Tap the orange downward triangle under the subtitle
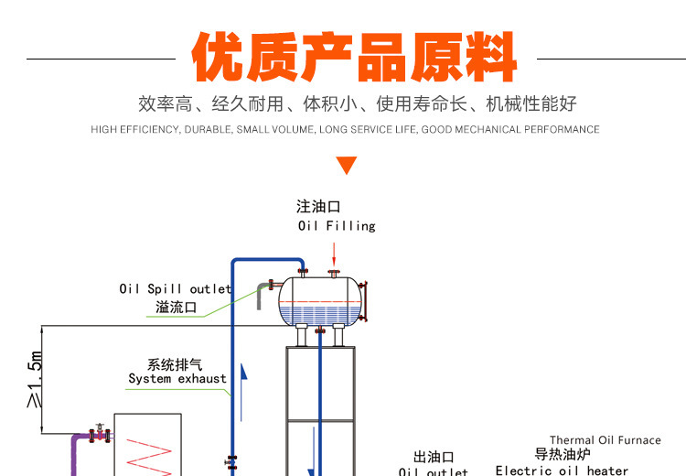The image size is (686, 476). coord(346,166)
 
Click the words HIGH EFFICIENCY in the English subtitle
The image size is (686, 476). coord(135,130)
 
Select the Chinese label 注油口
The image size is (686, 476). coord(318,207)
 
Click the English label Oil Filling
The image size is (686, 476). coord(337,226)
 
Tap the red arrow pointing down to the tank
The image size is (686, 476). coord(335,252)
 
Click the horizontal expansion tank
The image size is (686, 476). coord(325,299)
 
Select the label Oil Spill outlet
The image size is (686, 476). coord(176,289)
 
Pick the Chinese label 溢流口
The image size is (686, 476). coord(177,308)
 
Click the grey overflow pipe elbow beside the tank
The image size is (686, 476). coord(263,291)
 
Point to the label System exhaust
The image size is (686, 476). coord(177,379)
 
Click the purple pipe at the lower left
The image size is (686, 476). coord(76,453)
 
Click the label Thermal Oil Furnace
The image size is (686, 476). coord(605,440)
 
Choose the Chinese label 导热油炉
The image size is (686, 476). coord(563,454)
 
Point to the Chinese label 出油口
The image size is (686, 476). coord(434,457)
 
